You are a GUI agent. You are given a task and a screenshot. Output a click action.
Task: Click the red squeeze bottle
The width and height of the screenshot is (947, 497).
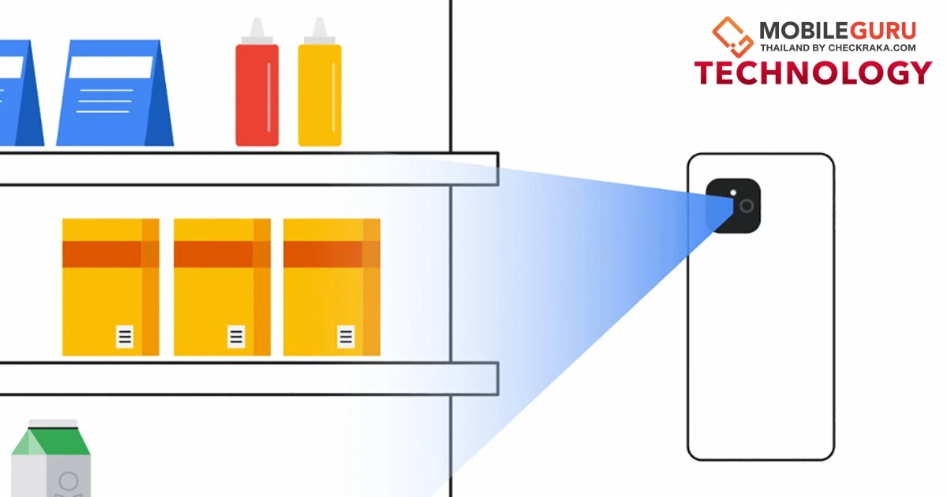pyautogui.click(x=257, y=82)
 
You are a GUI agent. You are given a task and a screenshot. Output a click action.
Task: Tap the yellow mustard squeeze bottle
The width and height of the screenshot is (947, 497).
pyautogui.click(x=320, y=82)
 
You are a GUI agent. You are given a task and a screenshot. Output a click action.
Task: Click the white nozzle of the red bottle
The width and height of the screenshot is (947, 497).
pyautogui.click(x=257, y=28)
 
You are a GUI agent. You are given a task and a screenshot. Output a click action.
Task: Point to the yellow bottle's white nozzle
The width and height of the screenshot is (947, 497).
pyautogui.click(x=320, y=28)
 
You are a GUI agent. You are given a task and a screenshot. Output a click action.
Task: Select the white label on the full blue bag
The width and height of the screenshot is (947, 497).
pyautogui.click(x=110, y=67)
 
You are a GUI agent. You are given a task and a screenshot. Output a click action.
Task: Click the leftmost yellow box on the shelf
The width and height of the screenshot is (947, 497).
pyautogui.click(x=110, y=287)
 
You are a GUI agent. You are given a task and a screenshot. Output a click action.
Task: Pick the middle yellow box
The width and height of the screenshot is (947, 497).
pyautogui.click(x=222, y=287)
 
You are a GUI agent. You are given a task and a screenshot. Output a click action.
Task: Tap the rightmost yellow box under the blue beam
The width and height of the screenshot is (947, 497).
pyautogui.click(x=332, y=287)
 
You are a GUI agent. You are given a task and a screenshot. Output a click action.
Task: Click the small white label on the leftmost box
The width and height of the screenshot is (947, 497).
pyautogui.click(x=125, y=336)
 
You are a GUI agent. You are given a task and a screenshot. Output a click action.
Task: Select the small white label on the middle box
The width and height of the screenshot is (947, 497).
pyautogui.click(x=236, y=336)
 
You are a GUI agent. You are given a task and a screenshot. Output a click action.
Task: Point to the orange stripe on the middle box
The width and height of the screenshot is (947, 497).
pyautogui.click(x=222, y=254)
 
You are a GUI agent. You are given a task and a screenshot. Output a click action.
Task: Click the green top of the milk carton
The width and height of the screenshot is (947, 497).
pyautogui.click(x=51, y=441)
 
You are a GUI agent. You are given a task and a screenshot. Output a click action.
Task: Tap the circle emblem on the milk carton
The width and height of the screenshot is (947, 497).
pyautogui.click(x=69, y=481)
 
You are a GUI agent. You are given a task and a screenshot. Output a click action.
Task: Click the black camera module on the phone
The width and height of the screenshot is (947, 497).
pyautogui.click(x=733, y=206)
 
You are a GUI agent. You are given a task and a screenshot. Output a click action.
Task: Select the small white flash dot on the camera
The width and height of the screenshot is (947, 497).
pyautogui.click(x=733, y=192)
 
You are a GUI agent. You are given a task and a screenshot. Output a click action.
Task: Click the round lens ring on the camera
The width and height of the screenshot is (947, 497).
pyautogui.click(x=747, y=206)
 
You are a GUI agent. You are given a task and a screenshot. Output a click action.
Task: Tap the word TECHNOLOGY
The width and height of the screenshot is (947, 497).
pyautogui.click(x=813, y=73)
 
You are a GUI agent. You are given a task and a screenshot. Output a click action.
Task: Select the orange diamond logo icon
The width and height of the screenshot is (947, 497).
pyautogui.click(x=732, y=37)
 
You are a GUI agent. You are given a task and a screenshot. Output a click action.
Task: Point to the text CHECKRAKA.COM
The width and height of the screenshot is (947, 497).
pyautogui.click(x=872, y=48)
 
